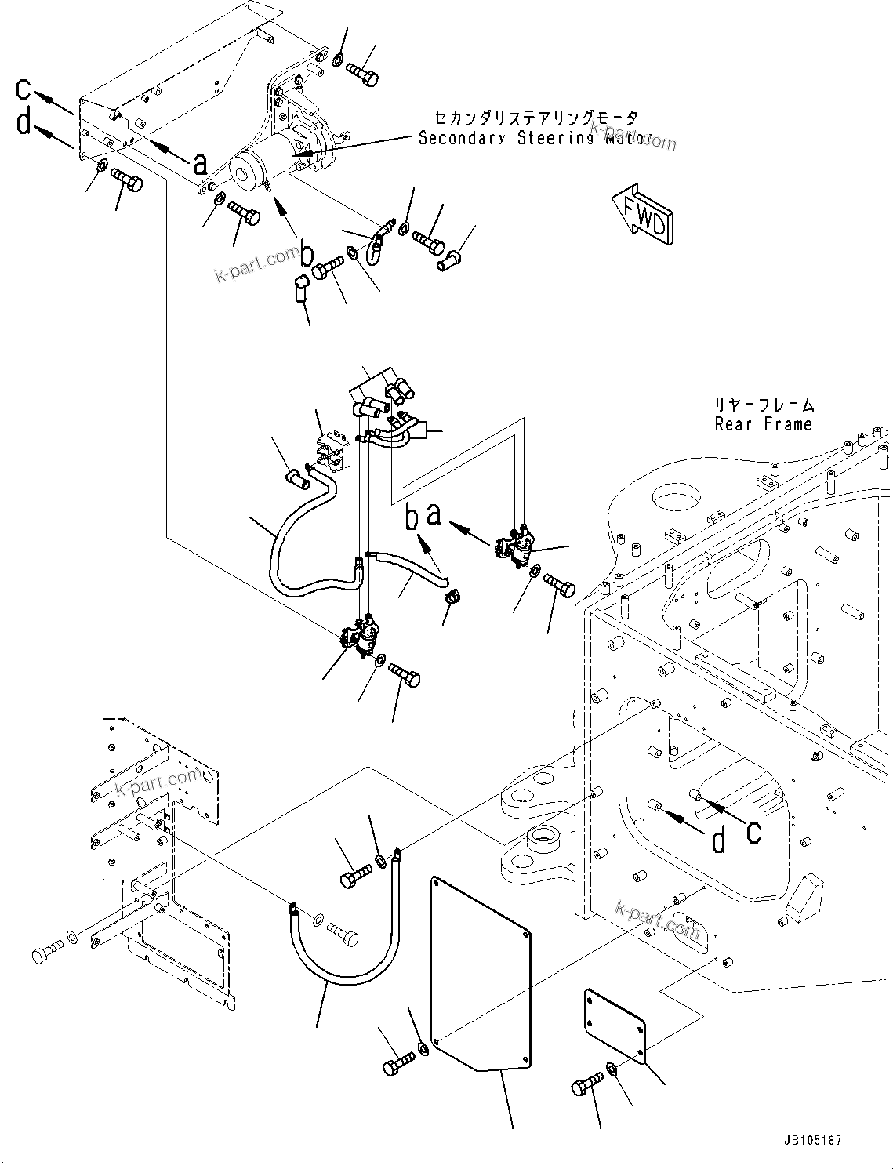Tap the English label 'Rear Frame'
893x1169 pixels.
[763, 424]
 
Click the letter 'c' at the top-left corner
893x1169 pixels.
[24, 89]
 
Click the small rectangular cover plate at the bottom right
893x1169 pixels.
[614, 1026]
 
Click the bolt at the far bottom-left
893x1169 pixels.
[44, 955]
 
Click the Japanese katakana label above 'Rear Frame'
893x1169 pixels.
[763, 405]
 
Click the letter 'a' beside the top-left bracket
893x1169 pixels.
[201, 164]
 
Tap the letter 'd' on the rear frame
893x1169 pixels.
[718, 840]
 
